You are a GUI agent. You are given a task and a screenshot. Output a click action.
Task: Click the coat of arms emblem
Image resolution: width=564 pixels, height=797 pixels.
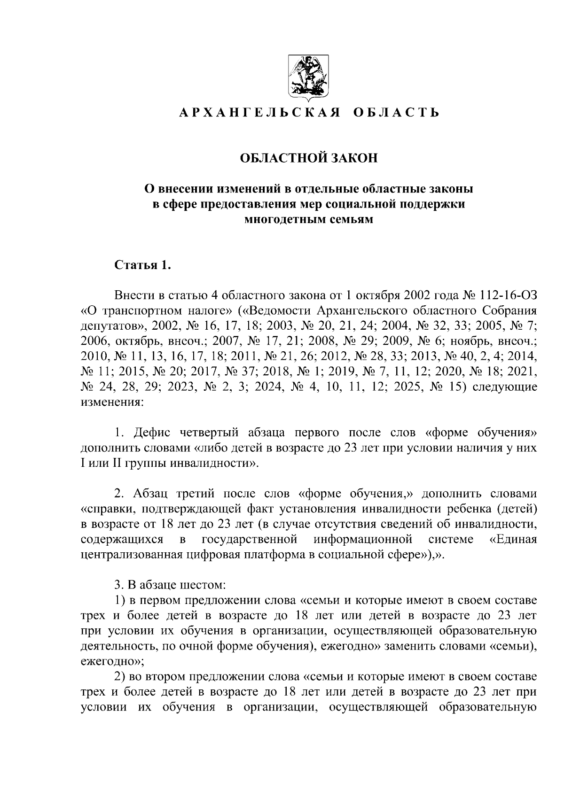pyautogui.click(x=308, y=78)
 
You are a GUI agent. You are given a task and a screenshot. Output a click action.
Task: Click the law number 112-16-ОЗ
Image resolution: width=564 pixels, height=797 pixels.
pyautogui.click(x=509, y=296)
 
